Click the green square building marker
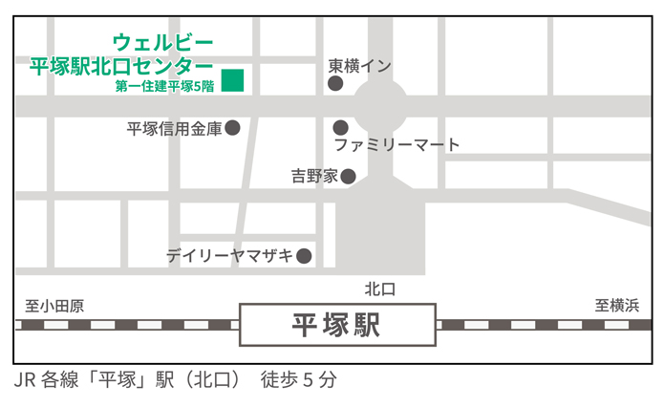pyautogui.click(x=232, y=80)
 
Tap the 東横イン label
pyautogui.click(x=360, y=66)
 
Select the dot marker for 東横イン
pyautogui.click(x=335, y=84)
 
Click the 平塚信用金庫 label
pyautogui.click(x=174, y=128)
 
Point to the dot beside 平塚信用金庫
pyautogui.click(x=232, y=127)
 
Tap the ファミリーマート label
pyautogui.click(x=396, y=145)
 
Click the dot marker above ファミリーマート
pyautogui.click(x=340, y=127)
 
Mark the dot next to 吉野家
pyautogui.click(x=349, y=176)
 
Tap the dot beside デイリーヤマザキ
pyautogui.click(x=304, y=256)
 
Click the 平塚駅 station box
pyautogui.click(x=337, y=325)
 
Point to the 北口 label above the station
pyautogui.click(x=379, y=289)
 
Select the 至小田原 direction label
pyautogui.click(x=54, y=306)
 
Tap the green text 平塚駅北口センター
pyautogui.click(x=121, y=66)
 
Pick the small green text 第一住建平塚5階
pyautogui.click(x=164, y=86)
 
